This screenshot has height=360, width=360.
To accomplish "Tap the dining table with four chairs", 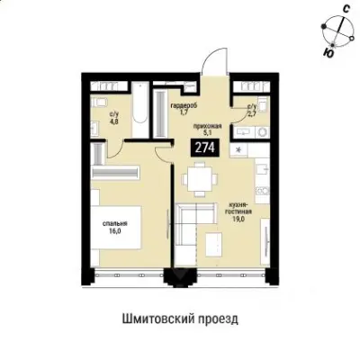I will point(197,180).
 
